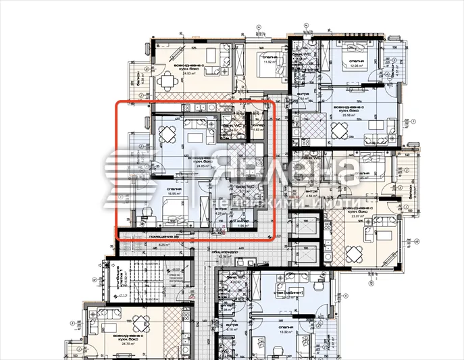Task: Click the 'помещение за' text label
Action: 165,236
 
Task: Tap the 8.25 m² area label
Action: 164,244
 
